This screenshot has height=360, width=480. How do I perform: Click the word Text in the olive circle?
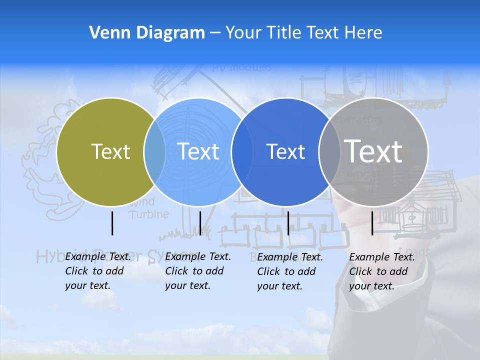pyautogui.click(x=110, y=151)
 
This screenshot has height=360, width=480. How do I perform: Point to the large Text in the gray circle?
pyautogui.click(x=373, y=151)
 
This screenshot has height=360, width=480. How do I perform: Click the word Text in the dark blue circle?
pyautogui.click(x=285, y=151)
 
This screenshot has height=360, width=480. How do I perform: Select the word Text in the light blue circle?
pyautogui.click(x=198, y=151)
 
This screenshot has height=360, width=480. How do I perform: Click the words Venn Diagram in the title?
pyautogui.click(x=147, y=32)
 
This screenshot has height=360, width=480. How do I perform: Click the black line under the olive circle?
pyautogui.click(x=112, y=223)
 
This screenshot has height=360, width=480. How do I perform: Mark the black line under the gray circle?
pyautogui.click(x=372, y=223)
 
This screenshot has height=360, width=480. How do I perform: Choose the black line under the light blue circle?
pyautogui.click(x=200, y=223)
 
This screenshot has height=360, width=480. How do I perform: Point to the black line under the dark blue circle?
pyautogui.click(x=288, y=223)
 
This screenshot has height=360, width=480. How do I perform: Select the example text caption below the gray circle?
pyautogui.click(x=381, y=271)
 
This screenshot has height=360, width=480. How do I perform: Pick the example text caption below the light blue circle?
pyautogui.click(x=197, y=271)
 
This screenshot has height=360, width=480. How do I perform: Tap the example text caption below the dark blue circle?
pyautogui.click(x=289, y=271)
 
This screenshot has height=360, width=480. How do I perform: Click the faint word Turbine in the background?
pyautogui.click(x=148, y=214)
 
